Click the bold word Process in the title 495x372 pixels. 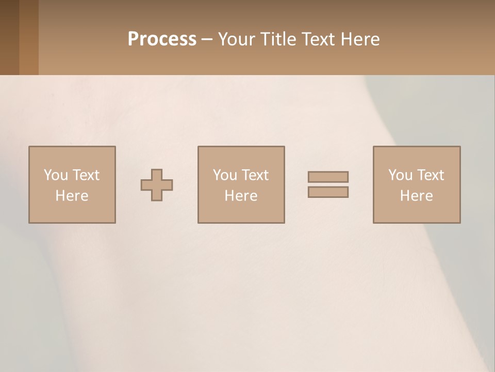click(162, 39)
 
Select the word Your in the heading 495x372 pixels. click(236, 39)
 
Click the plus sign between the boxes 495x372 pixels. click(157, 185)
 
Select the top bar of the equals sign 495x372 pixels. click(328, 177)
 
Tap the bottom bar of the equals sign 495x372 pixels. click(328, 192)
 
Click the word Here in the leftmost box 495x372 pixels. click(72, 196)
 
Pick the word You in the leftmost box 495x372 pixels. click(56, 175)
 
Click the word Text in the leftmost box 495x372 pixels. click(86, 175)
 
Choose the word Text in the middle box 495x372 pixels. click(255, 175)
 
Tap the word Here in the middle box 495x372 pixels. click(241, 196)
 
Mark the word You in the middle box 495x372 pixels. click(225, 175)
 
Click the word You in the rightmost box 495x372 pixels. click(401, 175)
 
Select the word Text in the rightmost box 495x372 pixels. click(430, 175)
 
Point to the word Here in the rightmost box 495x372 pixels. click(416, 196)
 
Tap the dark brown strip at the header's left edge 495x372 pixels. click(9, 37)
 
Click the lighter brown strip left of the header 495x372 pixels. click(29, 37)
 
